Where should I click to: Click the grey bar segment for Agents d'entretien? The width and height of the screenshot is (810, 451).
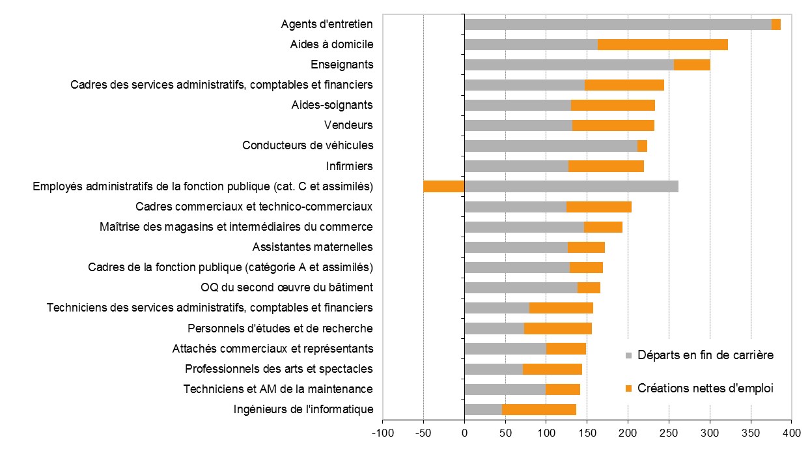click(617, 24)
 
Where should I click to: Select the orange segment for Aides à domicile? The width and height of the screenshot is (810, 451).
click(662, 44)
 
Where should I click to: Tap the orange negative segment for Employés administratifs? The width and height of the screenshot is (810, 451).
click(443, 186)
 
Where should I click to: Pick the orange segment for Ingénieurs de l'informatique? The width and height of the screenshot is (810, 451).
click(538, 409)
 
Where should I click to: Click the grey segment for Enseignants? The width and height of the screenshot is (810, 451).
click(568, 65)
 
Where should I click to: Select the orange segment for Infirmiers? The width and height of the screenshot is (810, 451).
click(606, 166)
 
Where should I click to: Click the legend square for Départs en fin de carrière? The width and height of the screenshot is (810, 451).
click(628, 356)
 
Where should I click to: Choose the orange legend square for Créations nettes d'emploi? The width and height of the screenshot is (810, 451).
click(628, 389)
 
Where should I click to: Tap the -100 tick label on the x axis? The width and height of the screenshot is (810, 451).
click(382, 433)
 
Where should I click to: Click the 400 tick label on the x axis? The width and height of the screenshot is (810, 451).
click(791, 433)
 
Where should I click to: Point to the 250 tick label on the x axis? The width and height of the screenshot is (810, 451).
click(669, 433)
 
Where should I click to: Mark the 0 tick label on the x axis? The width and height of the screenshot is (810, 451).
click(464, 433)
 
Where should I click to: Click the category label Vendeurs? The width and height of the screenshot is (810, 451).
click(348, 125)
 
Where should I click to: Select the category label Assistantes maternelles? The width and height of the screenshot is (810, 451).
click(312, 247)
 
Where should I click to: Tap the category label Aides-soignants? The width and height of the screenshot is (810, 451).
click(332, 105)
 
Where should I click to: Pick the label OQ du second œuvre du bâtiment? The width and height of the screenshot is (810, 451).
click(286, 287)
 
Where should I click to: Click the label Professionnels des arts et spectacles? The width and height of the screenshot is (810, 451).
click(279, 369)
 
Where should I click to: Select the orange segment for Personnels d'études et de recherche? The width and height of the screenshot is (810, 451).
click(557, 328)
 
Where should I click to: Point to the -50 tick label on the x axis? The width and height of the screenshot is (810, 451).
click(423, 433)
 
